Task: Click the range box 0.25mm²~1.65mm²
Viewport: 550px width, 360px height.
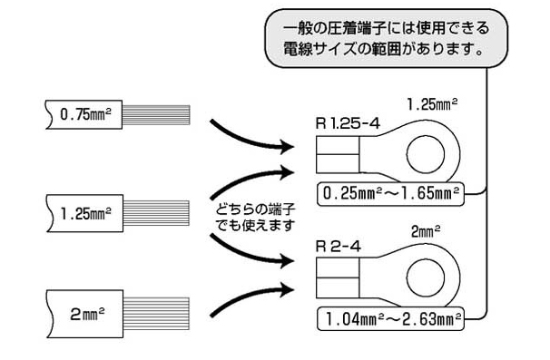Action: (x=390, y=192)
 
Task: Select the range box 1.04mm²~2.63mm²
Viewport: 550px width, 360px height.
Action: (x=390, y=318)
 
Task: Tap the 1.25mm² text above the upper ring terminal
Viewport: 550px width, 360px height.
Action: (x=431, y=103)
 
